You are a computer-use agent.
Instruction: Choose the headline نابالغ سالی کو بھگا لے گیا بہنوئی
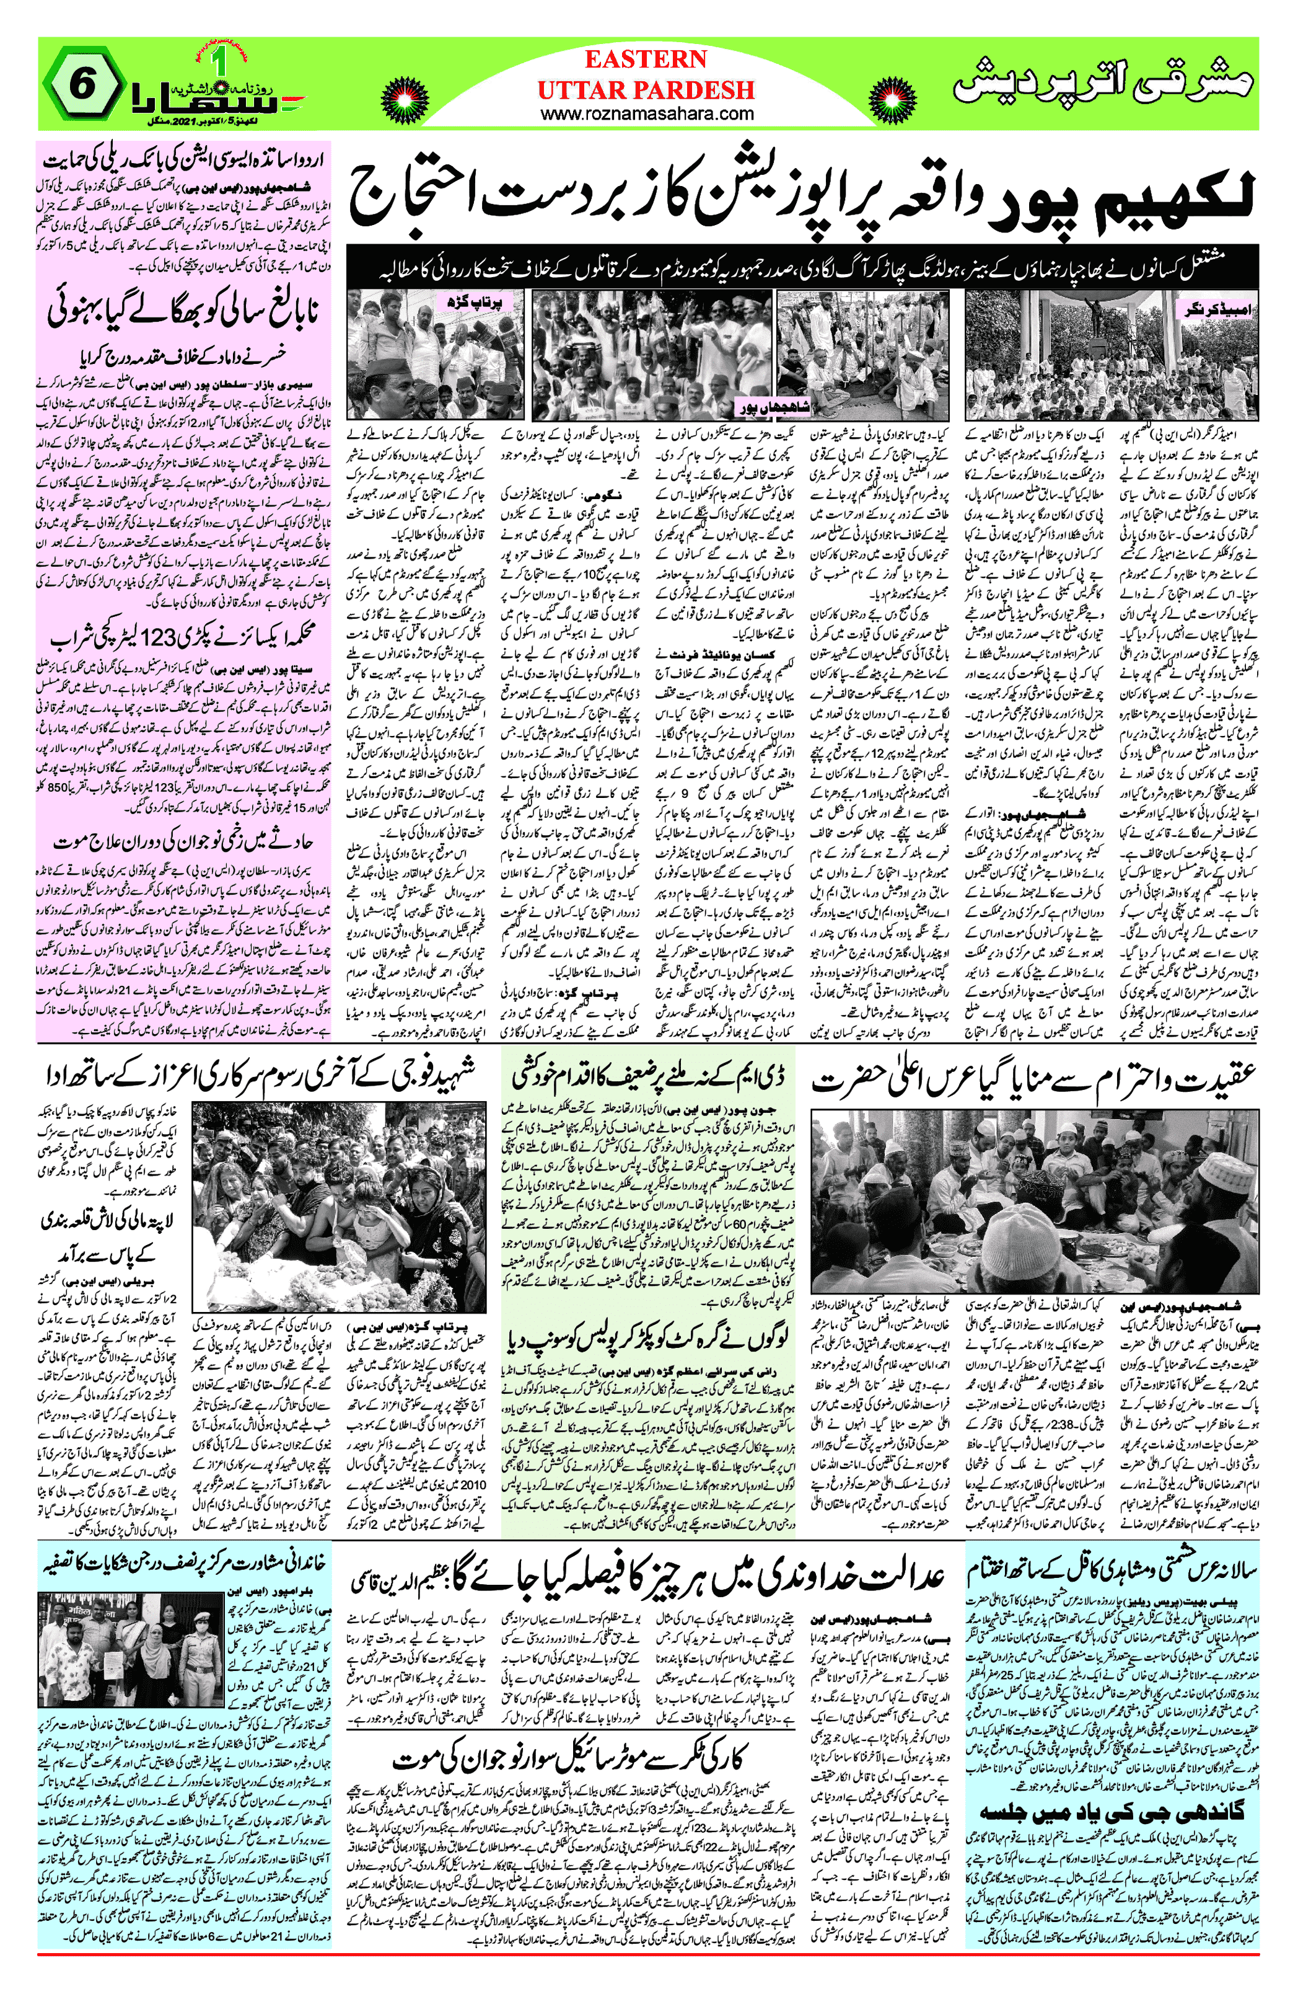(x=184, y=311)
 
